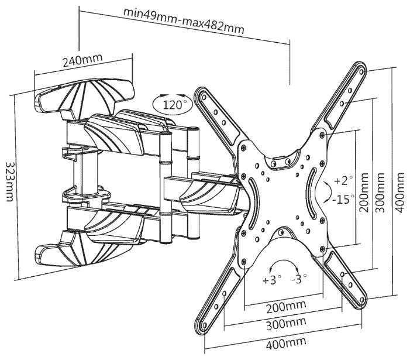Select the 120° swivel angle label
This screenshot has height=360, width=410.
173,105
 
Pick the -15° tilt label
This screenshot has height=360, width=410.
343,199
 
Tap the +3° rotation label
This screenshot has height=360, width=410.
272,280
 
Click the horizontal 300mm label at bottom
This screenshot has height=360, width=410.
284,324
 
